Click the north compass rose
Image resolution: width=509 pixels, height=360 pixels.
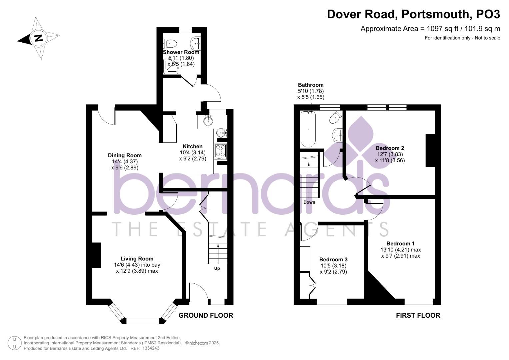point(38,38)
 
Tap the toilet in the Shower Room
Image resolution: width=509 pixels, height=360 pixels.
point(170,43)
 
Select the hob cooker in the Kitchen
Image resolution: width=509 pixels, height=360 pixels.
point(221,151)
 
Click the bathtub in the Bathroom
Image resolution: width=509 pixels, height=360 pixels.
point(308,129)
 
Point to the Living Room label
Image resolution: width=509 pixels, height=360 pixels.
point(137,259)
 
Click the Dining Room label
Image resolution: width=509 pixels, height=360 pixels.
point(125,155)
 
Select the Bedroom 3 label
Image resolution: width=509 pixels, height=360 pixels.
point(333,259)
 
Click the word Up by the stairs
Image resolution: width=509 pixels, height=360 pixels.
point(217,268)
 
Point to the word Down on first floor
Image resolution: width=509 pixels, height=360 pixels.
point(309,202)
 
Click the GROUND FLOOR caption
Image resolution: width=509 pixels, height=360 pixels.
point(206,315)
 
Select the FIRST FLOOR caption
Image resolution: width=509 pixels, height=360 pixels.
point(418,315)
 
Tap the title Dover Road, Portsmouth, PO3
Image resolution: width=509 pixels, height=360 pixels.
point(413,14)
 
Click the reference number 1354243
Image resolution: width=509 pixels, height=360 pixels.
point(151,348)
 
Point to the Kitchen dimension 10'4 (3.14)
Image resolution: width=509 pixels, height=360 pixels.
point(192,153)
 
